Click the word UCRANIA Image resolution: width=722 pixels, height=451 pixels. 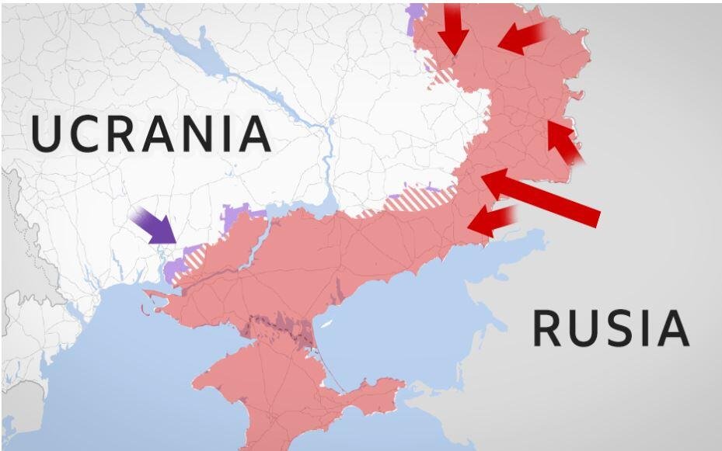point(151,134)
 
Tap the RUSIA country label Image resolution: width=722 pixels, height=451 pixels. point(610,328)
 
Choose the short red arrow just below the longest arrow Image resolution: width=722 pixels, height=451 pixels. point(491,220)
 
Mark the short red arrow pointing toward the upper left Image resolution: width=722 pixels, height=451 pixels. point(565,142)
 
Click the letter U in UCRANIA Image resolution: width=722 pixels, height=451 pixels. point(47,134)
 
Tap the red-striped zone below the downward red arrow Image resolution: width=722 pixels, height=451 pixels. point(442,75)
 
